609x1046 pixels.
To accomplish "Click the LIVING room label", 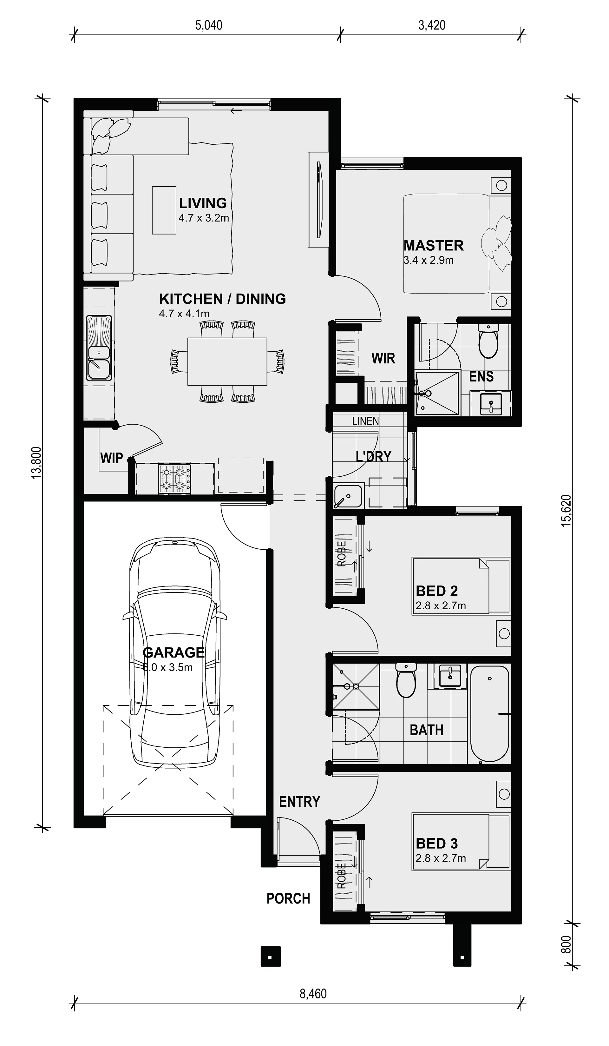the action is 203,203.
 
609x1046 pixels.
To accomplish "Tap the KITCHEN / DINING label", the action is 222,299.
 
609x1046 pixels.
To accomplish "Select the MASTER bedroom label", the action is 434,245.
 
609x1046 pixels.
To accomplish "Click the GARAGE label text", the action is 174,652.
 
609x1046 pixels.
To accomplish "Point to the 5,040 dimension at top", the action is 209,25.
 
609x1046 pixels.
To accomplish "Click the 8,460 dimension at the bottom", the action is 313,994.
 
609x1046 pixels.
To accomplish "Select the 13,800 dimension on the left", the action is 36,462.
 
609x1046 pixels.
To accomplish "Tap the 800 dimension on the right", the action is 566,945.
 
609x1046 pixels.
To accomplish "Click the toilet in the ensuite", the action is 488,341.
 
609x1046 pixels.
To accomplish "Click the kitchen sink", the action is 99,348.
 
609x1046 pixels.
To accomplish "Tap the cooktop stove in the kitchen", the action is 175,479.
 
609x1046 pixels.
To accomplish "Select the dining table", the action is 227,361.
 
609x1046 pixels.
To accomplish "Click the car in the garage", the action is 175,652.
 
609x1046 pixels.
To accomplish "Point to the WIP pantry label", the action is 112,458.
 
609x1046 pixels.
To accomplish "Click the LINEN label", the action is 365,421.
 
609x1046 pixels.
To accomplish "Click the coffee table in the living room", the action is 164,210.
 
